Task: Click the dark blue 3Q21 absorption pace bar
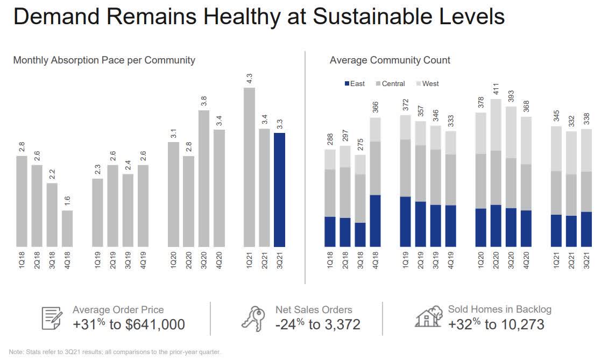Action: pos(279,189)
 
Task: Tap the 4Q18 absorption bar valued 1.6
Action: pos(67,228)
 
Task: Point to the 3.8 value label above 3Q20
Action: pos(203,102)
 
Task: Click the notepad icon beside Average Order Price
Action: pos(52,317)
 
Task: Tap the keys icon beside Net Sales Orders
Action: pos(253,318)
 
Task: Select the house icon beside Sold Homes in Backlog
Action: pos(428,317)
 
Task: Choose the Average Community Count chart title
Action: pos(390,60)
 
